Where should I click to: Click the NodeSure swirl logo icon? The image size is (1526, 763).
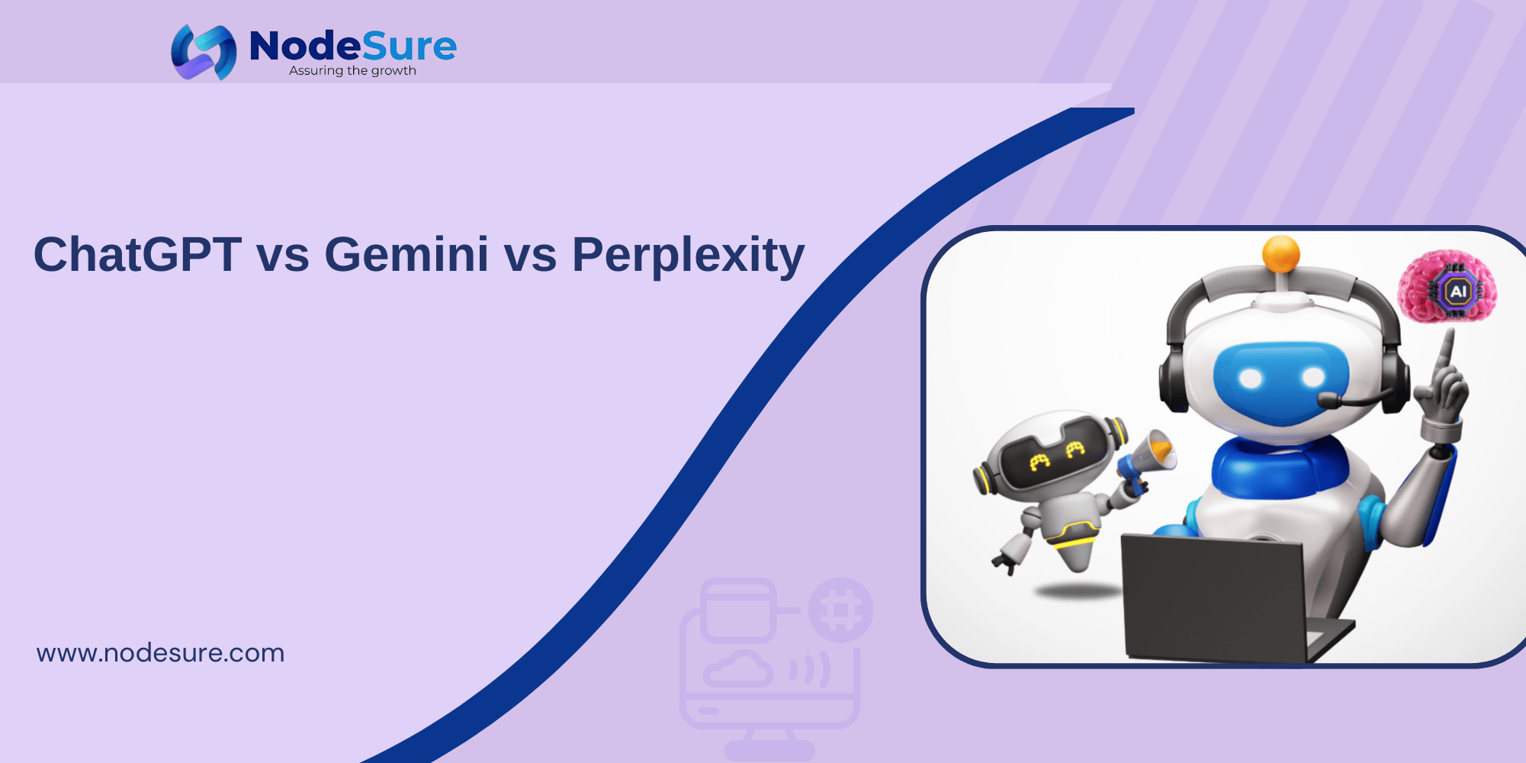204,52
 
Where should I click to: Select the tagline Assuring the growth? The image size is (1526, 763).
352,71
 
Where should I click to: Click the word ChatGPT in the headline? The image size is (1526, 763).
137,254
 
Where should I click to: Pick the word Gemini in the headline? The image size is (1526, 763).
406,254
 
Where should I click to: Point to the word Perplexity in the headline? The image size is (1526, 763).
688,256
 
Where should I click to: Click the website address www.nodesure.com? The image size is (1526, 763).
160,653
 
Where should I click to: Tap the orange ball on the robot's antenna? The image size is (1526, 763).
1280,253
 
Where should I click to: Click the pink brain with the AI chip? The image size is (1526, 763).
1447,287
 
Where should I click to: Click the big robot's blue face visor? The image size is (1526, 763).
1281,381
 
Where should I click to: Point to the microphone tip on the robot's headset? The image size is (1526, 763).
1328,400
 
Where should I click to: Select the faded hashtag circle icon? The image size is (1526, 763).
840,610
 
